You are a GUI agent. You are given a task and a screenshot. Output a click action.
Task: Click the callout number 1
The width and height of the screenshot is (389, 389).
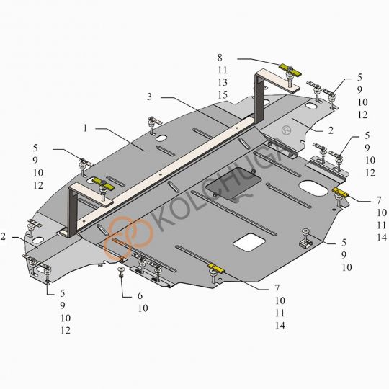[85, 128]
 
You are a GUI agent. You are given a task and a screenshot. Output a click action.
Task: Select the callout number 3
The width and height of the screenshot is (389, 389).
[149, 97]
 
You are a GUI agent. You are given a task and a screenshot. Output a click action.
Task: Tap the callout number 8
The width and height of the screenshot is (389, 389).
[220, 58]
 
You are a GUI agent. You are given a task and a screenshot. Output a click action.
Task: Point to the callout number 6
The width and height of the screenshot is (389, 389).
[140, 296]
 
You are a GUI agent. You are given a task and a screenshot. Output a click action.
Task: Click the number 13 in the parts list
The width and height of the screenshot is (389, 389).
[223, 82]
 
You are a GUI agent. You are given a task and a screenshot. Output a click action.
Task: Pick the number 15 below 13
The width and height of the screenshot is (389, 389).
[223, 95]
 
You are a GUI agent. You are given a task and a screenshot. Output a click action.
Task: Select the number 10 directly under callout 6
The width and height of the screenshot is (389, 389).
[143, 308]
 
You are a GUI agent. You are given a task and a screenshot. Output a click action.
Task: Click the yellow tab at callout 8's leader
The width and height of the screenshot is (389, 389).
[290, 70]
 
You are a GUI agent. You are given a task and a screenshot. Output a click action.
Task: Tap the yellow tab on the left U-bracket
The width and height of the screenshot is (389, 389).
[103, 184]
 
